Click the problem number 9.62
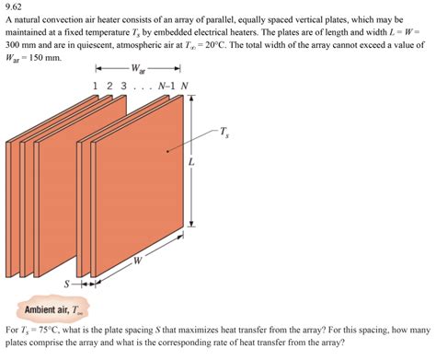click(16, 7)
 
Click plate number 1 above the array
click(97, 87)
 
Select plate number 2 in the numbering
click(110, 87)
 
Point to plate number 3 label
click(125, 87)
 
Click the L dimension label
click(191, 162)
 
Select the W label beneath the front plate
click(137, 261)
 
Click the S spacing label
click(66, 283)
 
